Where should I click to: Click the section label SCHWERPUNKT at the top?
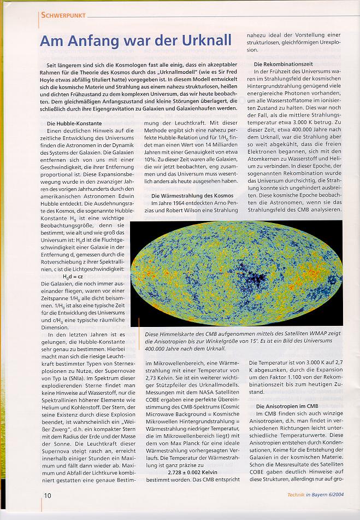62,16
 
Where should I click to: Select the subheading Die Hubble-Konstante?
75,124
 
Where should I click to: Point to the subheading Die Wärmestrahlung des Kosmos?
192,196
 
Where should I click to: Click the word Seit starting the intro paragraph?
54,65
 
